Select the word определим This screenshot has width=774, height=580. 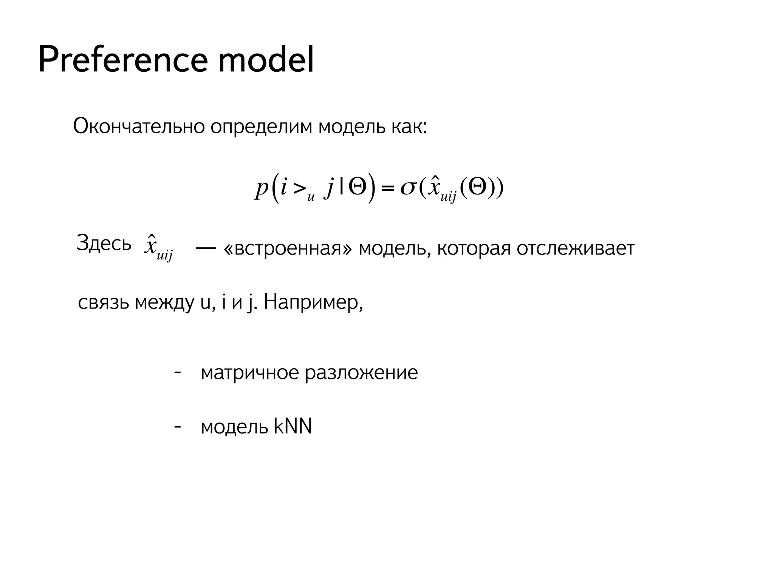[x=261, y=127]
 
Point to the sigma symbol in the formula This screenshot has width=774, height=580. [x=408, y=188]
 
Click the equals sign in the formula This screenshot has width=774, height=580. [x=388, y=188]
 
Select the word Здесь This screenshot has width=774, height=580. [x=104, y=243]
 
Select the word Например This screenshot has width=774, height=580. [x=313, y=302]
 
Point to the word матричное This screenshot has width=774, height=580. [x=250, y=373]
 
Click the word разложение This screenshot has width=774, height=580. [x=361, y=373]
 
